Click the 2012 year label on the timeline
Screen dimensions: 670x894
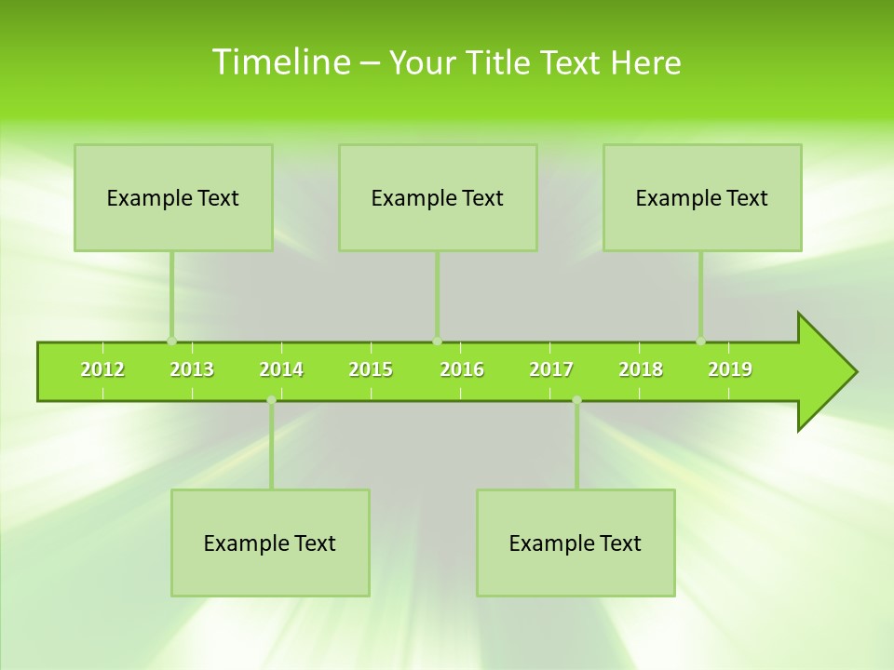pos(102,369)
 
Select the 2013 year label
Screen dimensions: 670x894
pos(192,369)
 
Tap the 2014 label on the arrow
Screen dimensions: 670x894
pos(281,369)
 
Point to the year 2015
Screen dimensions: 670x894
pos(371,369)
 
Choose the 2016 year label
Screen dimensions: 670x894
pos(462,369)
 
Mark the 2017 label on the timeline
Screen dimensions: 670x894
pos(551,369)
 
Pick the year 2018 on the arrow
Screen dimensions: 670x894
pos(641,369)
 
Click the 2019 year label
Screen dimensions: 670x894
pos(730,369)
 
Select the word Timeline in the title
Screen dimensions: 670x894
pos(280,62)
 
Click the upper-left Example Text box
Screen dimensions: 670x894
pos(173,197)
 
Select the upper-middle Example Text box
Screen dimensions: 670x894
pos(438,197)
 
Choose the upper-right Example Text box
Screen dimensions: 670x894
pos(702,197)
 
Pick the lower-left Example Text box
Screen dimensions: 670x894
pos(270,543)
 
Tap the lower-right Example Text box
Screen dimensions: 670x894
pos(576,543)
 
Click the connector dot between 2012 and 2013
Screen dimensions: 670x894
pos(171,341)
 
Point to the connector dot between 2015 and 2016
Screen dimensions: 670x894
pos(437,341)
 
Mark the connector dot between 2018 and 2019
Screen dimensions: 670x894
pos(700,341)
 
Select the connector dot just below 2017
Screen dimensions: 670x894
pos(576,400)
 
